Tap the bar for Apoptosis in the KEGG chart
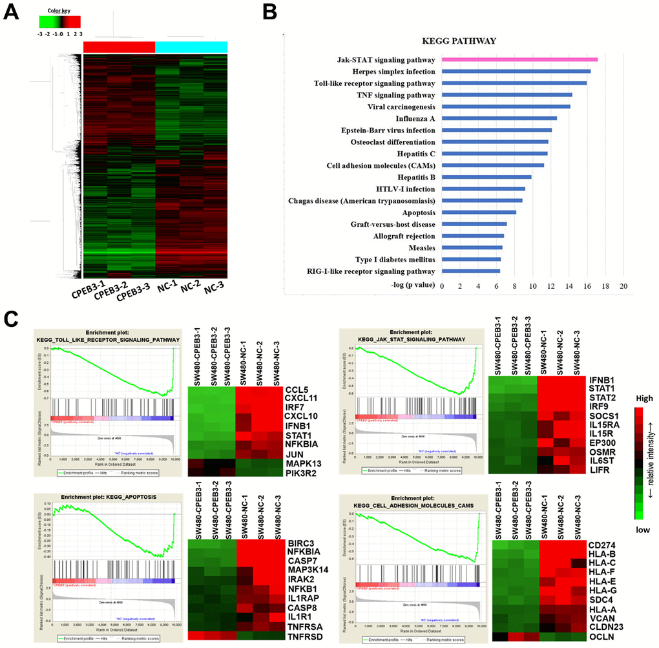(479, 212)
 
